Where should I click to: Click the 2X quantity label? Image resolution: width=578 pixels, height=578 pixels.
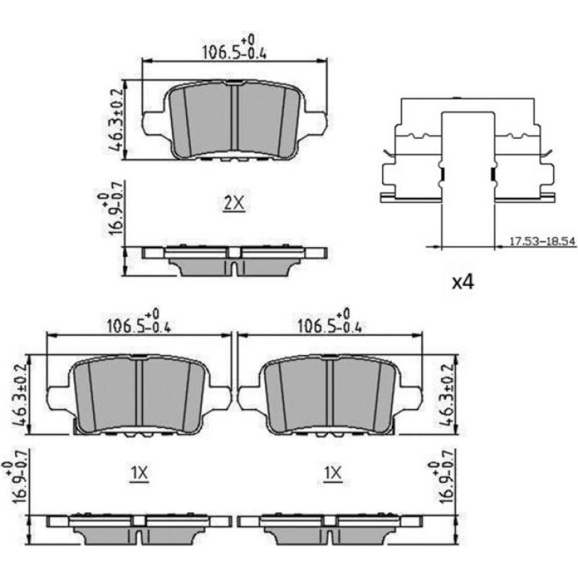[x=234, y=203]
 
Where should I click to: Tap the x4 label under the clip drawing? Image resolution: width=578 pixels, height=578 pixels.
[x=463, y=282]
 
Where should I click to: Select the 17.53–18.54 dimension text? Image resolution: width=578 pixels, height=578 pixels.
[x=542, y=242]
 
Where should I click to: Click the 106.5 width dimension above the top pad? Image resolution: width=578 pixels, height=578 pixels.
[x=234, y=47]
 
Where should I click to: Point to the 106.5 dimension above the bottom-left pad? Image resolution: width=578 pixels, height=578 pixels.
[x=139, y=321]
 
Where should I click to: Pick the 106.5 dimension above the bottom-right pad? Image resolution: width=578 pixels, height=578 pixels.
[x=330, y=321]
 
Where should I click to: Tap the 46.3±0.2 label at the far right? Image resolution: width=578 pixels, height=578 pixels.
[x=447, y=395]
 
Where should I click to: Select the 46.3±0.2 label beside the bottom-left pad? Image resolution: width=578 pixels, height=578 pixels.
[x=21, y=395]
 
